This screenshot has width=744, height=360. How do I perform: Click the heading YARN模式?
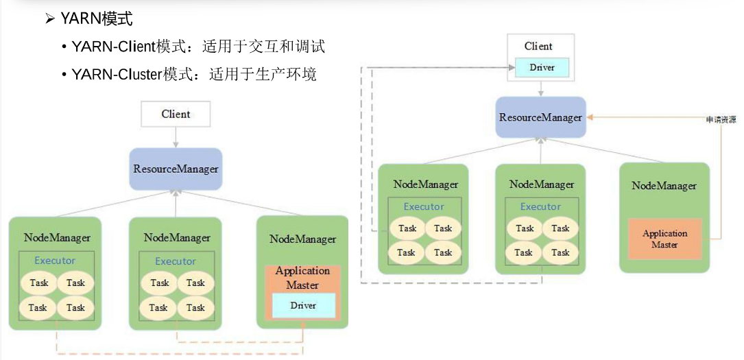[97, 19]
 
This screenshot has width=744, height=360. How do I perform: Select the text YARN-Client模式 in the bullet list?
[130, 47]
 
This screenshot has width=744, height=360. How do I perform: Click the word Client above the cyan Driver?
[538, 46]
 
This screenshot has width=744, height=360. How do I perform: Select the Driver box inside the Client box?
[542, 68]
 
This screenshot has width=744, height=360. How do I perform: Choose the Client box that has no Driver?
[176, 114]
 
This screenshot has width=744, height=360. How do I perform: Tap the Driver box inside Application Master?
[302, 305]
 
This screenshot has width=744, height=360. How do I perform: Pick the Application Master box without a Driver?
[664, 239]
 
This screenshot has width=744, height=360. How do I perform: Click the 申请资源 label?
[721, 119]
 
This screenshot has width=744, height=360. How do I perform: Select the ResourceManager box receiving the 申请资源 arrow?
[541, 118]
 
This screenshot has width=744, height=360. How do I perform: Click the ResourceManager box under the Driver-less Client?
[176, 169]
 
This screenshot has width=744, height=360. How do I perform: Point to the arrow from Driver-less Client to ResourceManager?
[176, 136]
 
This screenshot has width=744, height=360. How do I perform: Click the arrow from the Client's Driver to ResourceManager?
[541, 88]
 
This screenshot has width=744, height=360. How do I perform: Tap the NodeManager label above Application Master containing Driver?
[302, 239]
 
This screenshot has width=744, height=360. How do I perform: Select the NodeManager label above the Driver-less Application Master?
[664, 185]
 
